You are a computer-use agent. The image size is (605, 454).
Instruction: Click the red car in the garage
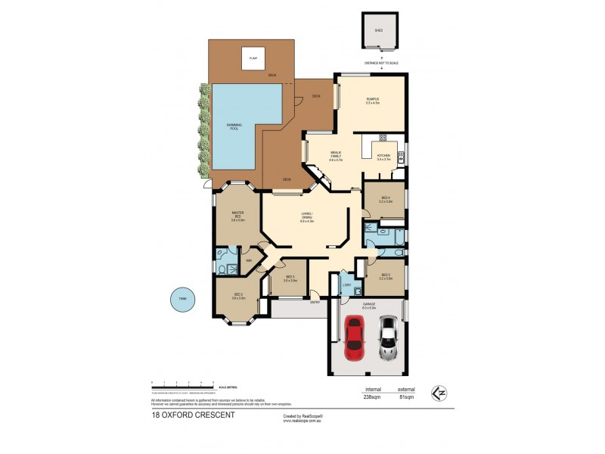coord(352,337)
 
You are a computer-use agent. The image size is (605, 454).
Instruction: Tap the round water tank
coord(181,299)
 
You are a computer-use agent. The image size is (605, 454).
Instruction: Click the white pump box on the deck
coord(253,59)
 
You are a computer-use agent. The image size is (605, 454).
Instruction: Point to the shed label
coord(379,31)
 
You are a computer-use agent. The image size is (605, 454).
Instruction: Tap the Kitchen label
coord(383,156)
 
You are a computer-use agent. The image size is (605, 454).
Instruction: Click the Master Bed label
coord(237,216)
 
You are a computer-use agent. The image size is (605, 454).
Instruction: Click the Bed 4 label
coord(386,200)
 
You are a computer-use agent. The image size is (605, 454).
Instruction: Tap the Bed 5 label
coord(386,276)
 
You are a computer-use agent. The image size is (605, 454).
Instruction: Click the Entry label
coord(315,302)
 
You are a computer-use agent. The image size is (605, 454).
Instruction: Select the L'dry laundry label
coord(346,285)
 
